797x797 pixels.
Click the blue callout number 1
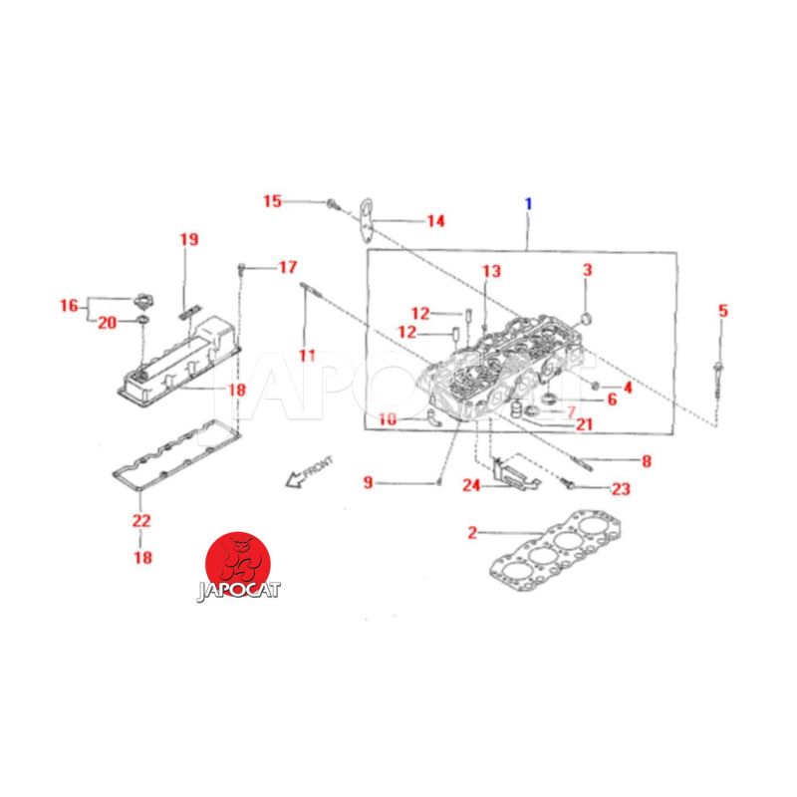pyautogui.click(x=529, y=204)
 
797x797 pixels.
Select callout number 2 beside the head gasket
pyautogui.click(x=472, y=532)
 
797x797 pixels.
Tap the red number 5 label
pyautogui.click(x=723, y=311)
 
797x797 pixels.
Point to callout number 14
pyautogui.click(x=435, y=221)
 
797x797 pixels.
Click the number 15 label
pyautogui.click(x=272, y=201)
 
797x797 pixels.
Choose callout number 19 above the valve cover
pyautogui.click(x=189, y=239)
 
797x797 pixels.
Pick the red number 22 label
pyautogui.click(x=141, y=520)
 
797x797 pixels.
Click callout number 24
pyautogui.click(x=471, y=485)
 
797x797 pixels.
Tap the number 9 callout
pyautogui.click(x=369, y=482)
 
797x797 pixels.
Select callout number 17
pyautogui.click(x=288, y=267)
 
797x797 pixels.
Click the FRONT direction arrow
pyautogui.click(x=309, y=471)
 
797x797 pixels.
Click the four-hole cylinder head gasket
pyautogui.click(x=556, y=553)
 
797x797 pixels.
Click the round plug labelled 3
pyautogui.click(x=586, y=319)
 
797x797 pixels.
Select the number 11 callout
pyautogui.click(x=307, y=356)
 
